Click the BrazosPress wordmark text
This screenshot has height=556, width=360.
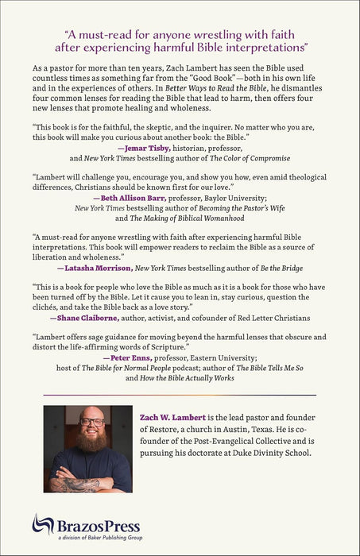88,526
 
